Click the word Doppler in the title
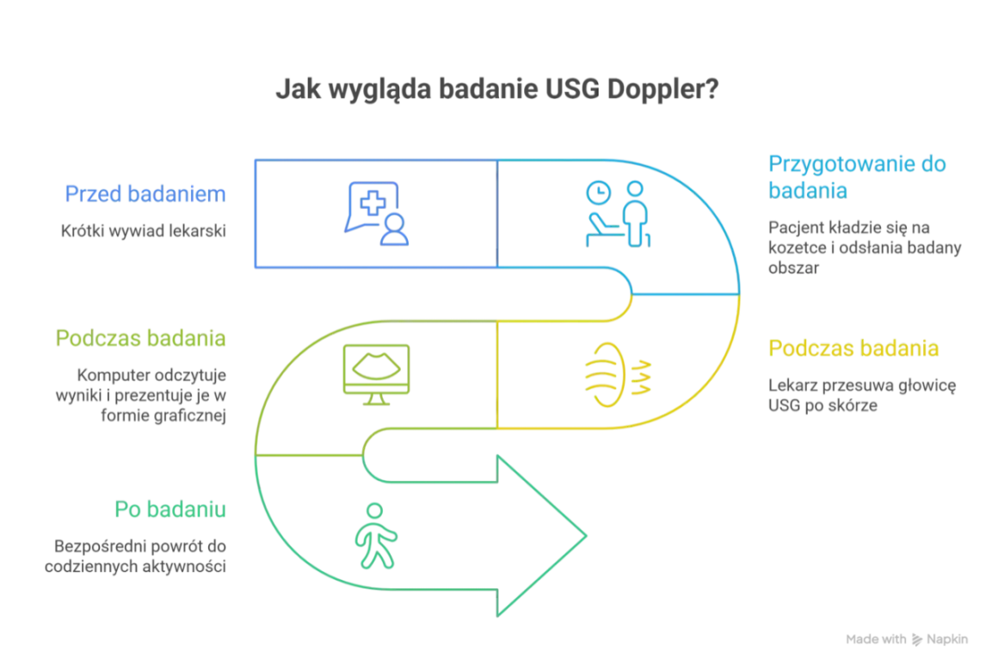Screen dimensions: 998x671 [x=662, y=89]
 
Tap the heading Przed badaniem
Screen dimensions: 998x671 [x=145, y=194]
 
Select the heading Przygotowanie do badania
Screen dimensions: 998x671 [x=857, y=177]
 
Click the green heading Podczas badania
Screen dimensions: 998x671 [x=140, y=338]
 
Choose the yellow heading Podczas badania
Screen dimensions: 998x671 [x=853, y=348]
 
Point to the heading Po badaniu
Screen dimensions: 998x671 [x=170, y=509]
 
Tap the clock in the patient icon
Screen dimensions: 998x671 [x=598, y=192]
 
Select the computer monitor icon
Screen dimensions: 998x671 [x=376, y=374]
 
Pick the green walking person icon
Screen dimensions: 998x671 [x=376, y=535]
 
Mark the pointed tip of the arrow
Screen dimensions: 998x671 [x=586, y=536]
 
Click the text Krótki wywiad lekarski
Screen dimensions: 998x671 [x=143, y=231]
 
